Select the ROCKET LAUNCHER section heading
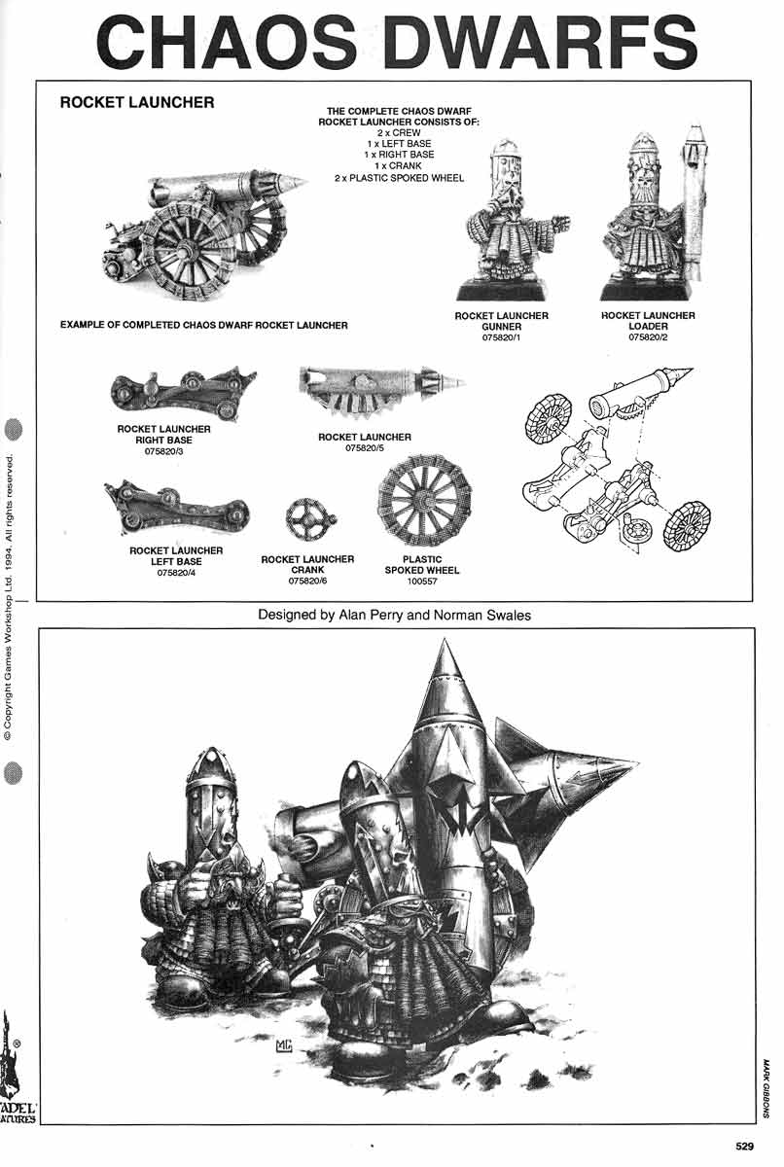tap(137, 102)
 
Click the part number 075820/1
tap(501, 338)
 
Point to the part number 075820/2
tap(648, 338)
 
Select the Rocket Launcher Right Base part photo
tap(182, 390)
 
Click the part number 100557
tap(421, 582)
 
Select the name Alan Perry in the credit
tap(360, 616)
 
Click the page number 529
tap(744, 1147)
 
